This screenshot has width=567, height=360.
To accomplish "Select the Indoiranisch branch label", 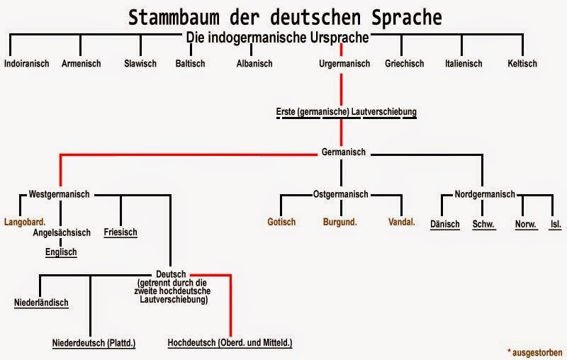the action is tap(27, 64).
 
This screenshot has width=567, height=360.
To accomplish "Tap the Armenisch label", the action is tap(81, 64).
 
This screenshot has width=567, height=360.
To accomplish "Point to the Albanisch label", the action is tap(254, 64).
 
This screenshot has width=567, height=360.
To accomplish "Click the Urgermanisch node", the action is tap(344, 64).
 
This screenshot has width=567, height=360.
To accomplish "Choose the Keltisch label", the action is tap(522, 64).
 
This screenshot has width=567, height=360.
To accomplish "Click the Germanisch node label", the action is tap(344, 152).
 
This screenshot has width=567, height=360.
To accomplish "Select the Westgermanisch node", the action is tap(59, 194).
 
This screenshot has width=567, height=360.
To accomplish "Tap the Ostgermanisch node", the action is tap(341, 194).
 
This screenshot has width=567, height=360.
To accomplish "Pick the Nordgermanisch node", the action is tap(485, 194).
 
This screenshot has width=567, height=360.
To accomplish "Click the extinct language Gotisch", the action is tap(281, 222).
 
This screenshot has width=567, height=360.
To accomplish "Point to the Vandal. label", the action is tap(402, 222).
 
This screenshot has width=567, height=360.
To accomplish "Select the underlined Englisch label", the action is tap(61, 252).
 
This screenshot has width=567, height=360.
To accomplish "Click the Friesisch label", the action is tap(120, 232).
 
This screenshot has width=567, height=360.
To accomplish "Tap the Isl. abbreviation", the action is tap(556, 225).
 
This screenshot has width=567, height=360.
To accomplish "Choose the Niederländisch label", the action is tap(41, 303).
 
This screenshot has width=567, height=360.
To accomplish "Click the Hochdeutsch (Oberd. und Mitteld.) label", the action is tap(230, 343).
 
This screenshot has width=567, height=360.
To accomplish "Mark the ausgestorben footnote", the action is tap(535, 352).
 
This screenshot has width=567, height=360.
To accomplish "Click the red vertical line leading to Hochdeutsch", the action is tap(230, 305).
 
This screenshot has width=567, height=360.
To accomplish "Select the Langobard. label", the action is tap(25, 222).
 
